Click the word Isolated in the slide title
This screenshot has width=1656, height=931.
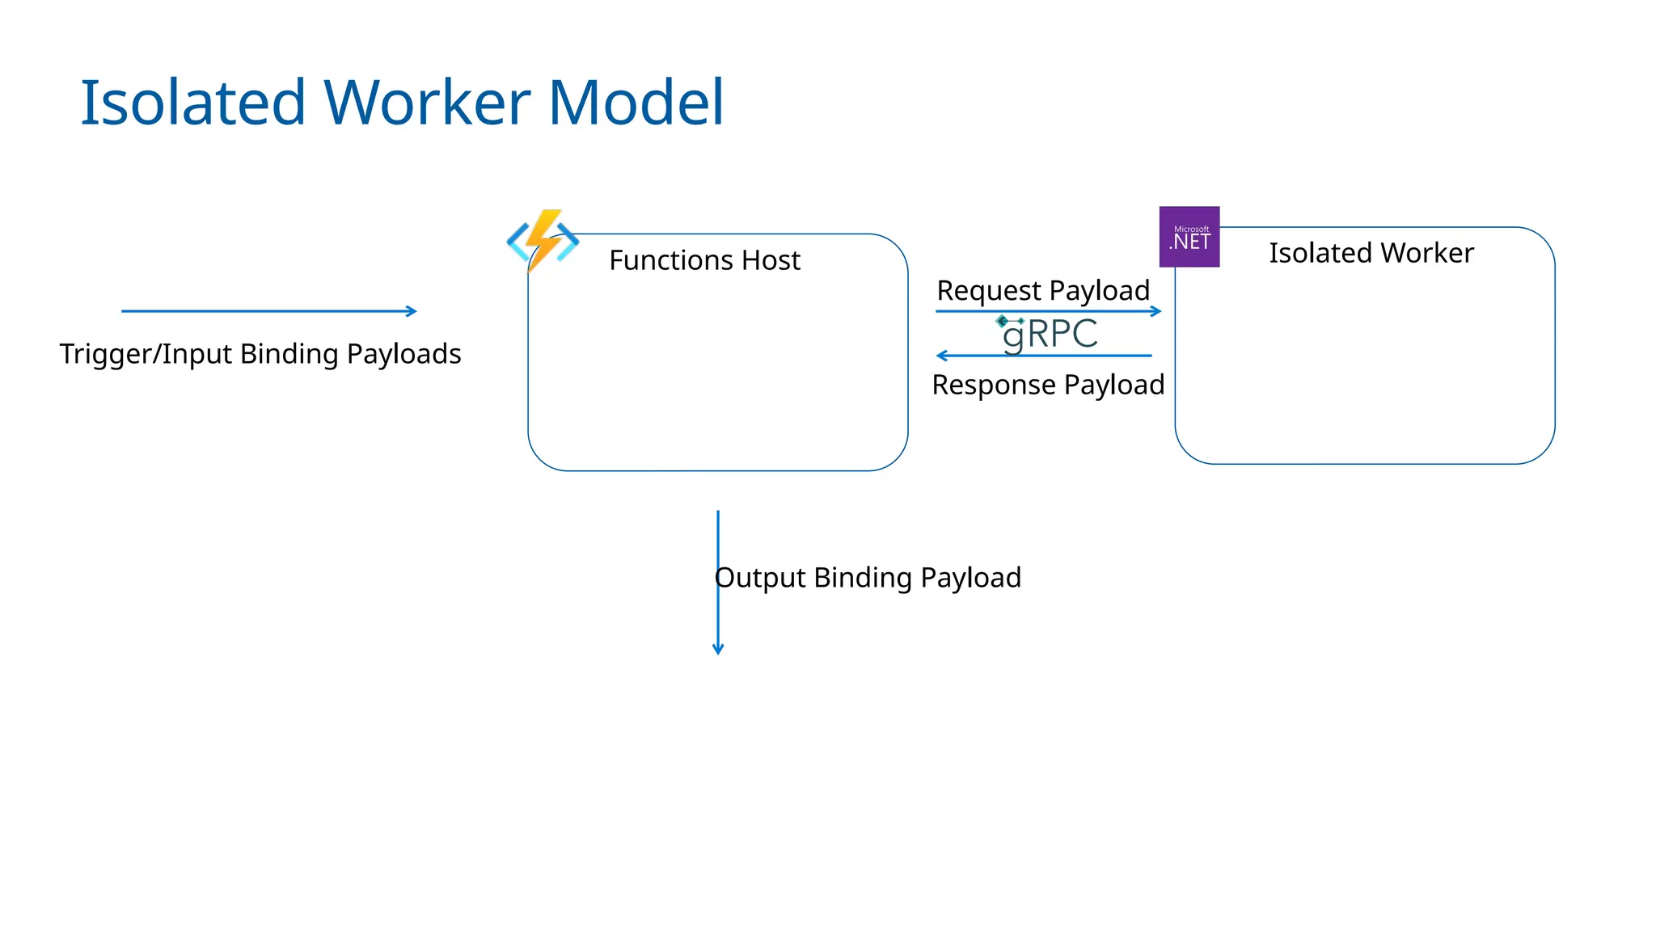click(x=192, y=103)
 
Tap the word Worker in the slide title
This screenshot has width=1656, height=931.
click(x=427, y=103)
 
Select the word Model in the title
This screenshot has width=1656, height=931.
click(x=636, y=103)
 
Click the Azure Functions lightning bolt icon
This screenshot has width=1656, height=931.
click(x=543, y=240)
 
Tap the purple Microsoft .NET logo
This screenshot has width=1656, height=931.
click(x=1189, y=237)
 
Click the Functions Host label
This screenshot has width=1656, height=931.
click(x=704, y=260)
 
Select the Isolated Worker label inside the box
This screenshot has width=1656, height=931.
click(x=1371, y=253)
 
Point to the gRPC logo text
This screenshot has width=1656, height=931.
click(x=1050, y=334)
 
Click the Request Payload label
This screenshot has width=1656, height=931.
click(x=1043, y=290)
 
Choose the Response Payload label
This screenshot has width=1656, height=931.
click(x=1048, y=385)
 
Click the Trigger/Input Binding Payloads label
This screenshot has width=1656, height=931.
click(x=260, y=354)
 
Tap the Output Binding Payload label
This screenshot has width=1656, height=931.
click(x=868, y=578)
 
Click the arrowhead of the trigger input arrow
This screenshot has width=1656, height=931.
click(x=412, y=311)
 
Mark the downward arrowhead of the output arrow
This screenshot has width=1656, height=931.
click(x=718, y=649)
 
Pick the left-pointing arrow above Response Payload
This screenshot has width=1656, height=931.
click(x=1043, y=356)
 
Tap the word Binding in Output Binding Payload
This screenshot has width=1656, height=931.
click(x=863, y=578)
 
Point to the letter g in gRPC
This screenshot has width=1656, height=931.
click(x=1013, y=336)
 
